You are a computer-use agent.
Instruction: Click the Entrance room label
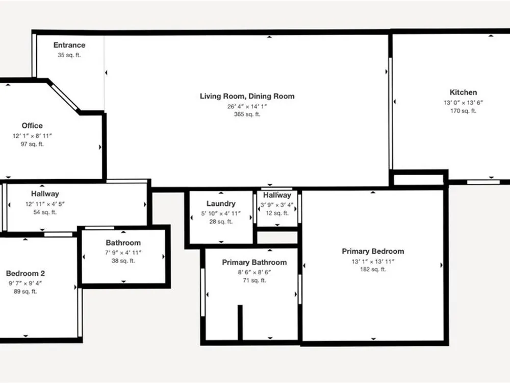coord(69,45)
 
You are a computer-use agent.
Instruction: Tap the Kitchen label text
coord(463,92)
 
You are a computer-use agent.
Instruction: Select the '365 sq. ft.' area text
coord(247,114)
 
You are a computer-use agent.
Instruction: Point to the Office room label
coord(32,126)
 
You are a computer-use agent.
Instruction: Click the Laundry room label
coord(221,204)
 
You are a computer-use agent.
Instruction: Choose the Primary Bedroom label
coord(373,251)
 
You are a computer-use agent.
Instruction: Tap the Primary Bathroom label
coord(254,262)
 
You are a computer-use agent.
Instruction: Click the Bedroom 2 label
coord(25,273)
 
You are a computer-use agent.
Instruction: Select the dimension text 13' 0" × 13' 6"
coord(463,103)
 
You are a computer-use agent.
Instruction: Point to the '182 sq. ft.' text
coord(373,269)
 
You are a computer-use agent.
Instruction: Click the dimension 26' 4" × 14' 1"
coord(247,107)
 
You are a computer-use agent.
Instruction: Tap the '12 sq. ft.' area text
coord(277,213)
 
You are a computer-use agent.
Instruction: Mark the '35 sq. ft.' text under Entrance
coord(69,55)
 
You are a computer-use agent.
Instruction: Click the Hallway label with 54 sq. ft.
coord(45,194)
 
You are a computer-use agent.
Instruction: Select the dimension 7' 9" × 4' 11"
coord(123,252)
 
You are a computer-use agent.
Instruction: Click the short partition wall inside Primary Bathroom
coord(240,322)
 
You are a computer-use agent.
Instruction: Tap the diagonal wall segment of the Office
coord(64,97)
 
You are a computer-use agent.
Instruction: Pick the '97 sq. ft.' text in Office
coord(32,144)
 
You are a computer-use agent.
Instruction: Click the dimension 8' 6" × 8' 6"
coord(254,272)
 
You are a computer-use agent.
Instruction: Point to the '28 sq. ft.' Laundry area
coord(221,222)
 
